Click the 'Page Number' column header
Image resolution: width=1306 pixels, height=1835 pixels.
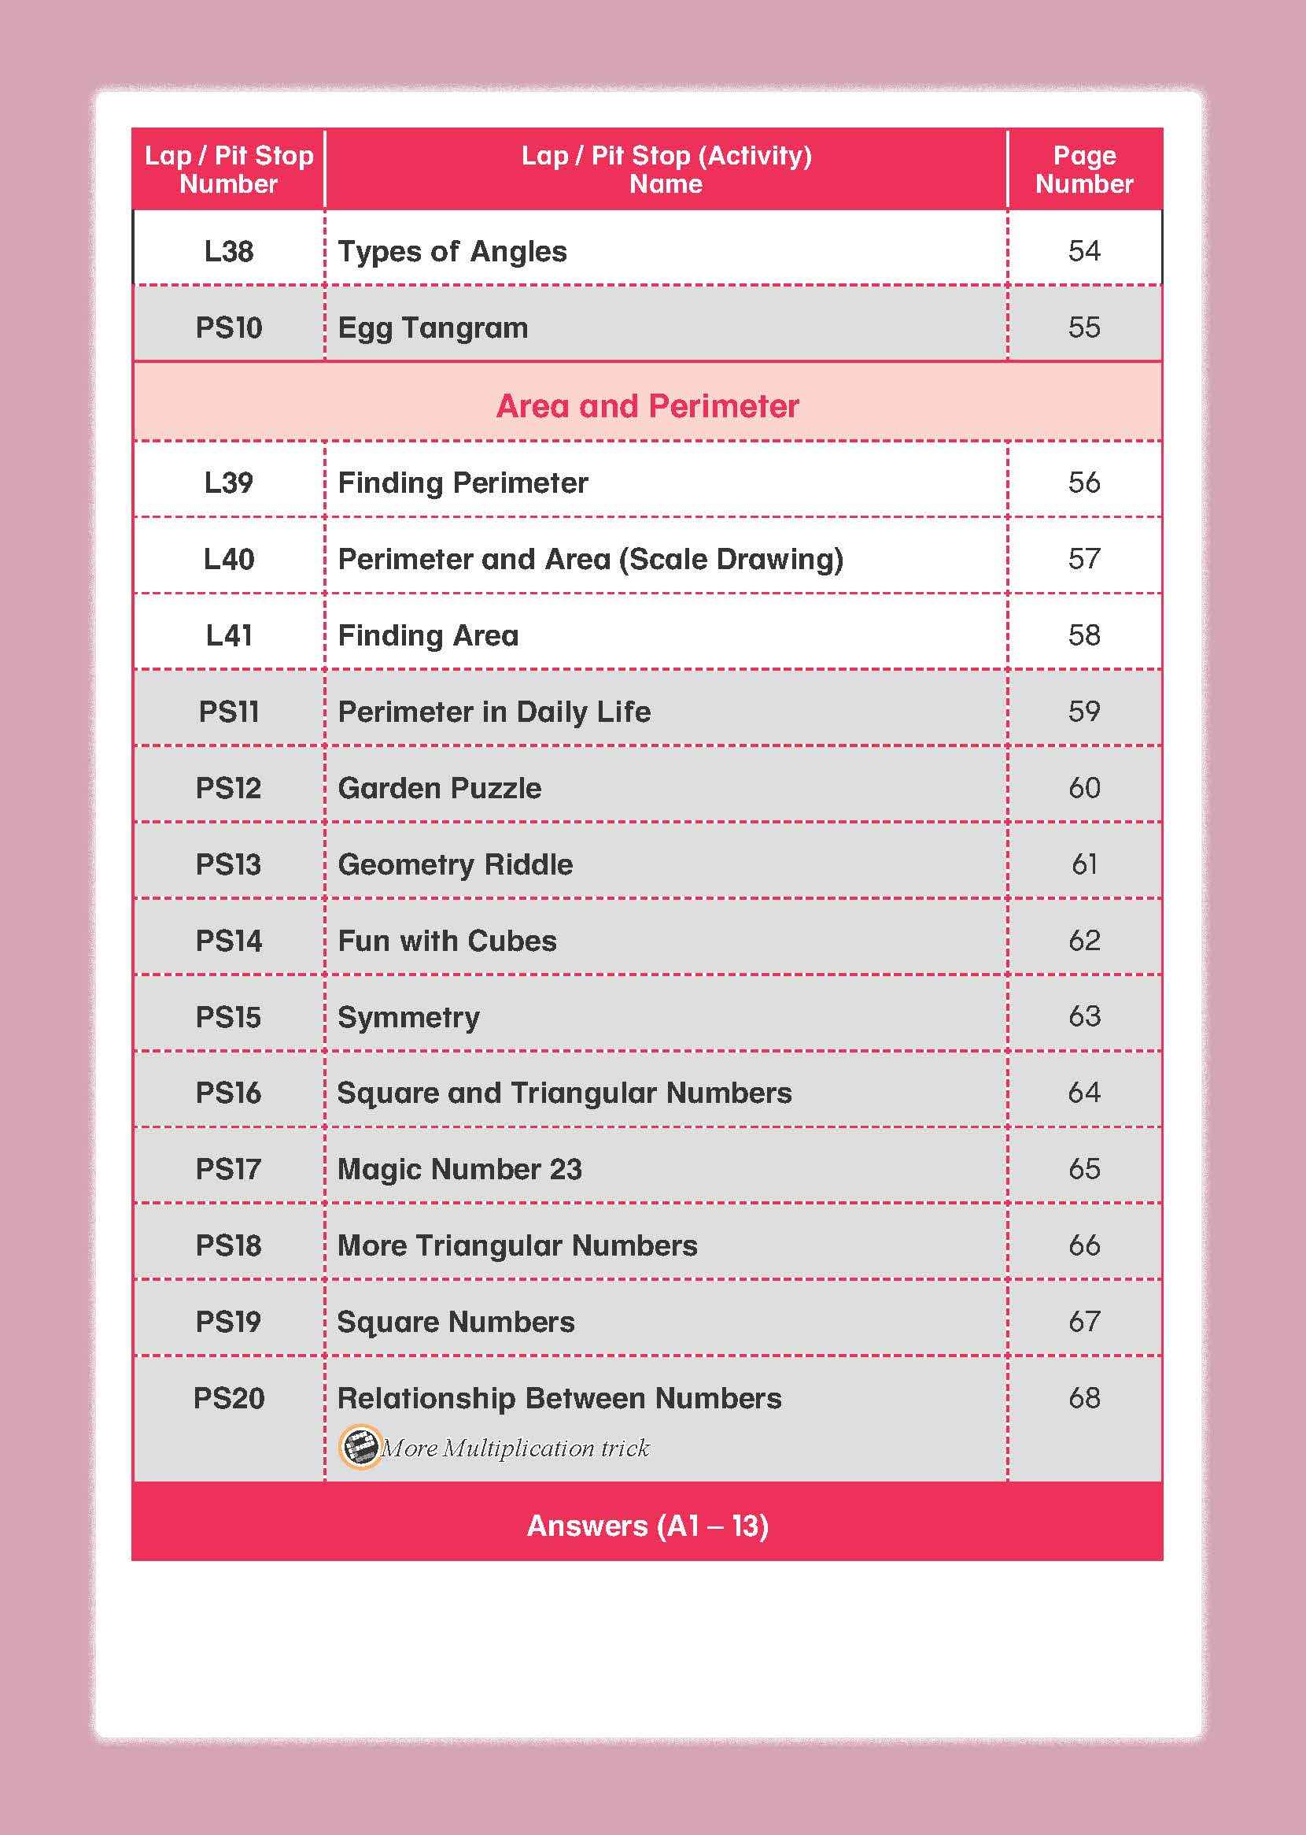point(1083,170)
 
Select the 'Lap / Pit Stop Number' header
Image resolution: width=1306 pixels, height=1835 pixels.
point(228,170)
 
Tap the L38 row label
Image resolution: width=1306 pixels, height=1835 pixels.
point(228,252)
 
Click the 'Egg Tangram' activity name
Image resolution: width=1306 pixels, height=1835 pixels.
point(433,328)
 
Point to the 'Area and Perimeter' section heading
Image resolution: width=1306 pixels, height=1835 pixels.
point(647,406)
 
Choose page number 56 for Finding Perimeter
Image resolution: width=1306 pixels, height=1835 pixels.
point(1083,483)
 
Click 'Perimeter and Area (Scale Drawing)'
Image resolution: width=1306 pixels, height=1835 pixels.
point(590,559)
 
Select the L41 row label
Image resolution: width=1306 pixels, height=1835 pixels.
point(228,635)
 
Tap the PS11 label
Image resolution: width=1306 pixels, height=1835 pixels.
point(228,712)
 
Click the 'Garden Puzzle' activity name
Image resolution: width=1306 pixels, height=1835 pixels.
point(439,788)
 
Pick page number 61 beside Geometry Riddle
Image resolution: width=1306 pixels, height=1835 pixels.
point(1083,865)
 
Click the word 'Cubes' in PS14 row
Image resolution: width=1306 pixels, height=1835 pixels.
point(511,942)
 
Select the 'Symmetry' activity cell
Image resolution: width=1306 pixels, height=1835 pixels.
point(408,1018)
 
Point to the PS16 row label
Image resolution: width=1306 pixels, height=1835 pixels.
point(228,1093)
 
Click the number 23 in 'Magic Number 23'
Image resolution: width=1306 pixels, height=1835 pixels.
point(566,1170)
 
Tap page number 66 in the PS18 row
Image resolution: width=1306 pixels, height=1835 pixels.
point(1083,1246)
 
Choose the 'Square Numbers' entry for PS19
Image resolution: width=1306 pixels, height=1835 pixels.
point(456,1322)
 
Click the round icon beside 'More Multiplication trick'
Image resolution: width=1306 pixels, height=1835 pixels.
point(359,1448)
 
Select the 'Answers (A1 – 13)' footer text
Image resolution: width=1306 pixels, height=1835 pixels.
point(647,1526)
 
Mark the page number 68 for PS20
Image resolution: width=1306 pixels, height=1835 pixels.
point(1083,1398)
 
